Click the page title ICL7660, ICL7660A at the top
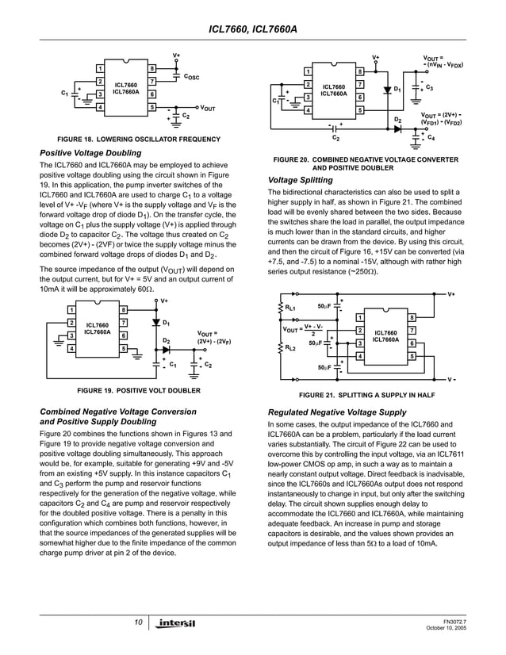(252, 29)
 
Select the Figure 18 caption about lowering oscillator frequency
(132, 140)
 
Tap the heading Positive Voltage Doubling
(90, 152)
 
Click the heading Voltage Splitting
(301, 180)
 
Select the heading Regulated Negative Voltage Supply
(337, 412)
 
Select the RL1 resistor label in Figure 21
(291, 308)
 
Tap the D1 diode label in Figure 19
(167, 324)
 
